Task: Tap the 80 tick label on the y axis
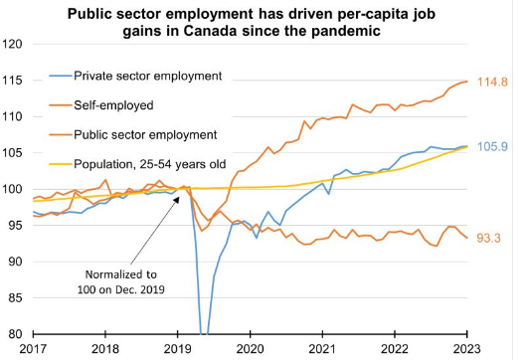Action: point(18,333)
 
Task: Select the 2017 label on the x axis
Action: point(33,349)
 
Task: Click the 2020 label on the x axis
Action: point(250,349)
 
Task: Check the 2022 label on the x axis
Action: point(394,349)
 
